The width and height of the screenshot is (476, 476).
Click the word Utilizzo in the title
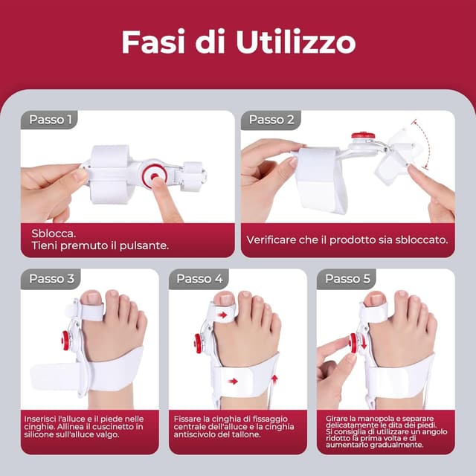click(x=296, y=42)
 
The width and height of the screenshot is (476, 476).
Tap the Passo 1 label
click(x=51, y=119)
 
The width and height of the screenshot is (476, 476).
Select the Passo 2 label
click(x=271, y=119)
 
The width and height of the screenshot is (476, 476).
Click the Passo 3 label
click(x=51, y=278)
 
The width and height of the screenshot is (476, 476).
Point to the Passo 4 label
click(x=199, y=278)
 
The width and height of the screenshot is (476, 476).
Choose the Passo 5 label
click(x=347, y=278)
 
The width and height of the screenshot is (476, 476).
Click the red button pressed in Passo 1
click(x=154, y=176)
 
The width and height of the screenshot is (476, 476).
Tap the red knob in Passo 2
click(x=363, y=135)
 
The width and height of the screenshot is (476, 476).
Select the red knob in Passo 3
click(x=65, y=341)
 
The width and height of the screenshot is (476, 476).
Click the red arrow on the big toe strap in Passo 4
click(x=222, y=315)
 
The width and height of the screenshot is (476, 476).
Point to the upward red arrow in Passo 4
click(x=274, y=379)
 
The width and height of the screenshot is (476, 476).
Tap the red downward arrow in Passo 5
click(x=364, y=343)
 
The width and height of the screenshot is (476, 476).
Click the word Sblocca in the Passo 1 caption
click(x=54, y=234)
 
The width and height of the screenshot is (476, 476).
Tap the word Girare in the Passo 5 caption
click(x=336, y=419)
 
